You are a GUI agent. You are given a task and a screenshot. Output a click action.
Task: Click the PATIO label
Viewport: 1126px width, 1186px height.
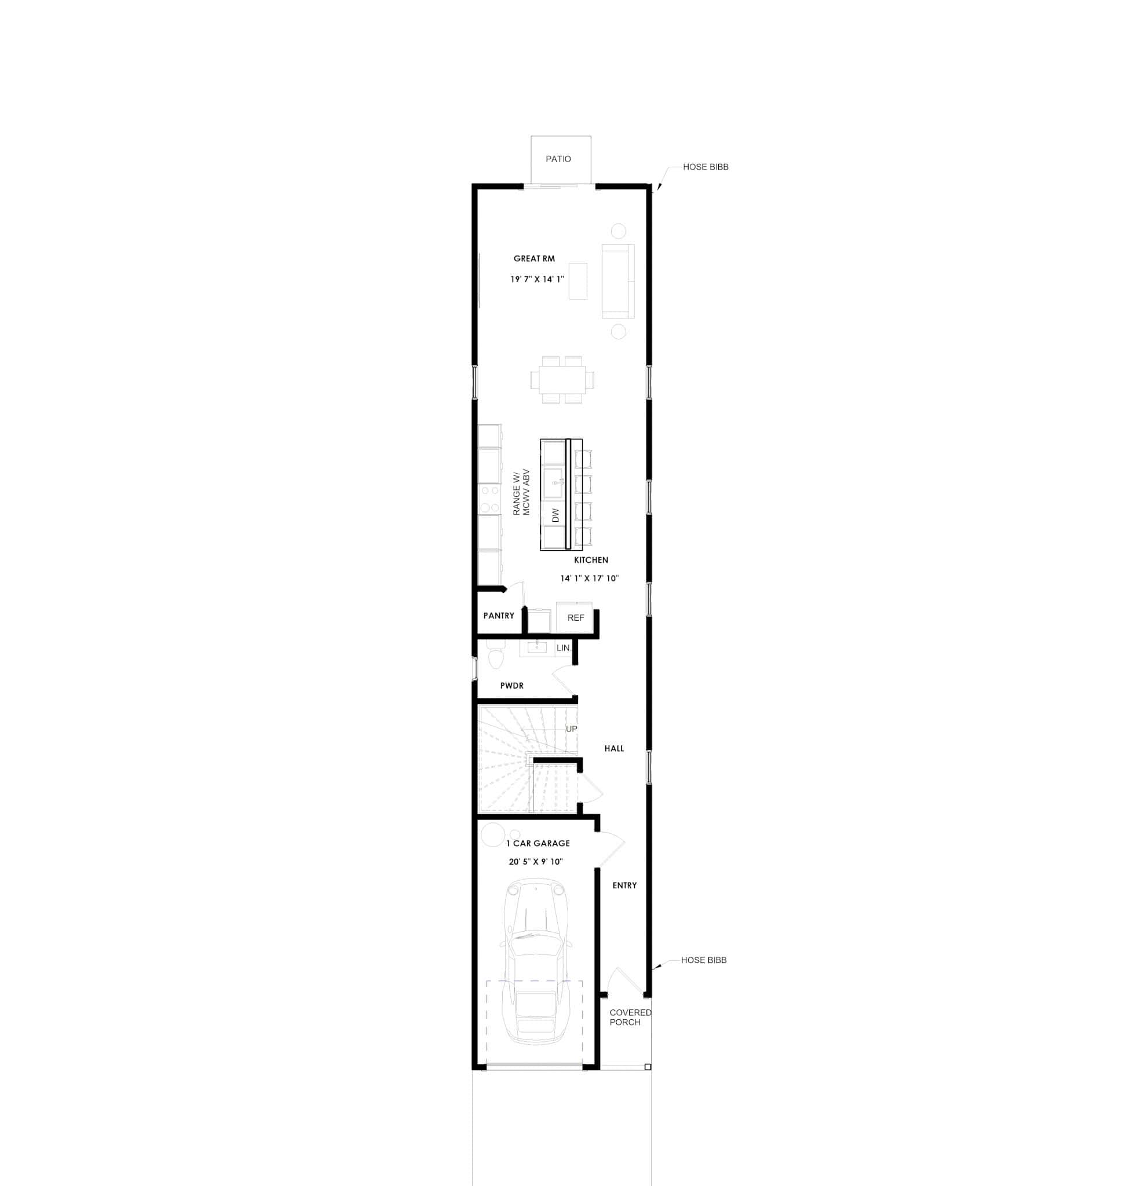pyautogui.click(x=558, y=159)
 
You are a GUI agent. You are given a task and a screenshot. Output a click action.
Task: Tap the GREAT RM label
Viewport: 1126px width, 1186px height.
pyautogui.click(x=533, y=259)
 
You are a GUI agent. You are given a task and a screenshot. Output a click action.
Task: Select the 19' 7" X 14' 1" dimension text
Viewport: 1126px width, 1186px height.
pyautogui.click(x=536, y=279)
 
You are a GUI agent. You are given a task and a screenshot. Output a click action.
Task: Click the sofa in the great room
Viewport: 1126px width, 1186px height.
pyautogui.click(x=617, y=281)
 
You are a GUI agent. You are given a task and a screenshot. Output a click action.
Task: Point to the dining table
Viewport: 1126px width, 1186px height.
pyautogui.click(x=562, y=380)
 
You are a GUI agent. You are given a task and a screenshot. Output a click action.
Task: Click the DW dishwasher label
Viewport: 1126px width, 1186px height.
pyautogui.click(x=555, y=515)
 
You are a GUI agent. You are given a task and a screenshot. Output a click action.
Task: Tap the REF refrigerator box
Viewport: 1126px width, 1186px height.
pyautogui.click(x=575, y=617)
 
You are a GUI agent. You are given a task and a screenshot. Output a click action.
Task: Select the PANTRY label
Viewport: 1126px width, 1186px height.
pyautogui.click(x=498, y=616)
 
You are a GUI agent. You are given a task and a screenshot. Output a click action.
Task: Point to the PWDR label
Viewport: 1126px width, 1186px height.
pyautogui.click(x=511, y=686)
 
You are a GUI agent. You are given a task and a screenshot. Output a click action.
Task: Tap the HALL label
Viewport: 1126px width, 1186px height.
pyautogui.click(x=613, y=748)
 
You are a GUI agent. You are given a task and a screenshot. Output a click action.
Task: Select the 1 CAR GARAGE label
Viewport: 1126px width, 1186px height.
pyautogui.click(x=538, y=843)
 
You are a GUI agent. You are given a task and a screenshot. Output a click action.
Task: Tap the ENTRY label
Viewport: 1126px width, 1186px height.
pyautogui.click(x=624, y=885)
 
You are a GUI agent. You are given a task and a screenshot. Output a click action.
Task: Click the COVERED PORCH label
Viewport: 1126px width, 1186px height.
pyautogui.click(x=629, y=1017)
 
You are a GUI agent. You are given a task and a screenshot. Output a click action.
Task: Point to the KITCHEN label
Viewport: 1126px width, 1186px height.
pyautogui.click(x=591, y=560)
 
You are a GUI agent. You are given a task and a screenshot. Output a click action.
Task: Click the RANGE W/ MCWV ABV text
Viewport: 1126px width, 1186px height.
pyautogui.click(x=521, y=492)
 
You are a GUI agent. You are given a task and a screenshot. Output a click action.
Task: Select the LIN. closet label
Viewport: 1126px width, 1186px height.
pyautogui.click(x=562, y=648)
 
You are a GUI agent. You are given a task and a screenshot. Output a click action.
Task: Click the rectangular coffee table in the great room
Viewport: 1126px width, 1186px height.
pyautogui.click(x=577, y=281)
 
